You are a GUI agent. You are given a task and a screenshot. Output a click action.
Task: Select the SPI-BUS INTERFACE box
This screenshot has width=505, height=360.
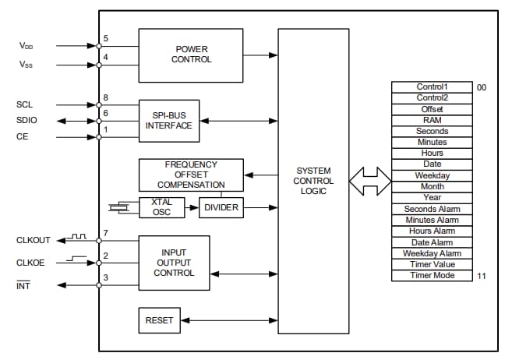168,120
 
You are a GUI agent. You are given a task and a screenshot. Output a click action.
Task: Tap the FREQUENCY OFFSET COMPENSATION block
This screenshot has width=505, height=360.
191,175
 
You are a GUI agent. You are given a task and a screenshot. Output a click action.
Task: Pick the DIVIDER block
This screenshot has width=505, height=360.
221,207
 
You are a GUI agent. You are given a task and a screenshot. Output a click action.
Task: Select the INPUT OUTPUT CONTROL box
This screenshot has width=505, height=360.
174,263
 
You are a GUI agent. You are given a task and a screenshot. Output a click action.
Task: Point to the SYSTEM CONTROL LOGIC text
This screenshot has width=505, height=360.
314,181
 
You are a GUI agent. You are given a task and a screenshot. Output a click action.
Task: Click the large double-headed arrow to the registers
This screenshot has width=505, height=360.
369,182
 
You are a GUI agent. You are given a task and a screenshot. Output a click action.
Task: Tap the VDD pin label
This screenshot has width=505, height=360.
26,46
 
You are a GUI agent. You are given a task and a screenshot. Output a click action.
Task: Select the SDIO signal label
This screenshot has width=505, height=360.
26,120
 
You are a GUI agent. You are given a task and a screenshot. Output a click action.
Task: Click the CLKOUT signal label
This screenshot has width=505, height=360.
33,241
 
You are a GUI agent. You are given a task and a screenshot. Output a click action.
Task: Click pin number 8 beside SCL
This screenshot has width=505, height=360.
105,97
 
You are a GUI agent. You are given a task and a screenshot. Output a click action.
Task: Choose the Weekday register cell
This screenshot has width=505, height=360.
432,176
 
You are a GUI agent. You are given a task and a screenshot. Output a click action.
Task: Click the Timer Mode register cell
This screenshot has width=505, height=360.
432,276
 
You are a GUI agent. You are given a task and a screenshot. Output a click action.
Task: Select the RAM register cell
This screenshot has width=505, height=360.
432,121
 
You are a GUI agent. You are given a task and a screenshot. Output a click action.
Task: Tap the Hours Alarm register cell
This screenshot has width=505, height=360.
432,231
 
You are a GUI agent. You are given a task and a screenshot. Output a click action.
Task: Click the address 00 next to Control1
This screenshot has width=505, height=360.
482,87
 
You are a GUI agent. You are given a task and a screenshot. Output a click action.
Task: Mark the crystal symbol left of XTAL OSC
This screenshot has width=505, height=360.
119,207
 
